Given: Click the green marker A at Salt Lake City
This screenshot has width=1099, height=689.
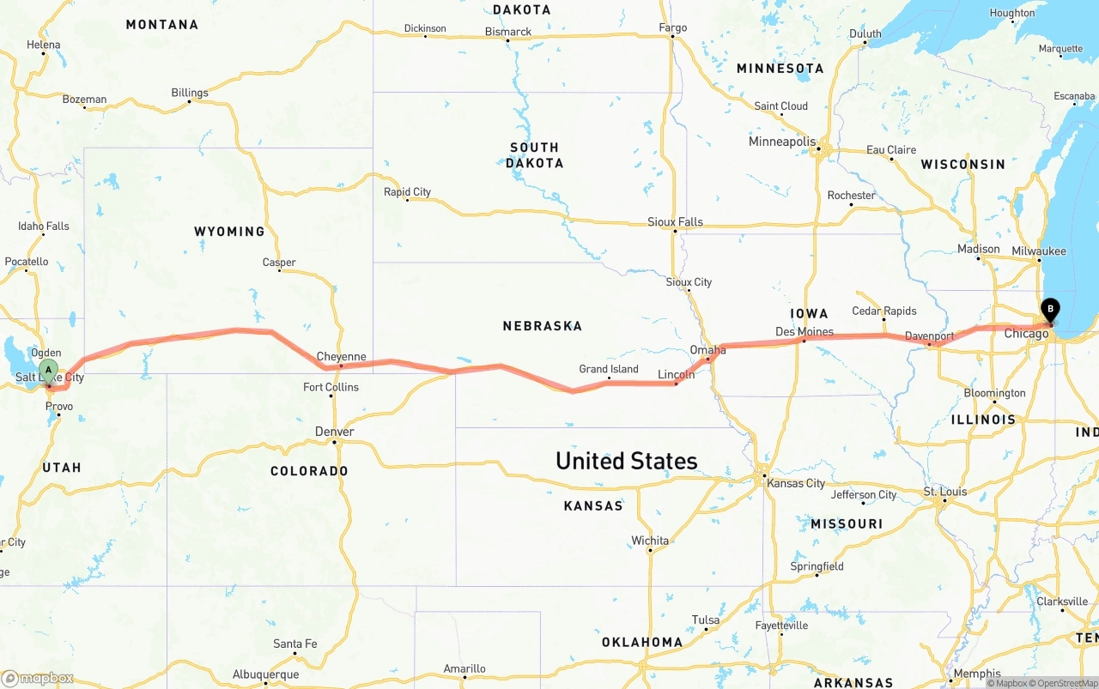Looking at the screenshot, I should [x=49, y=372].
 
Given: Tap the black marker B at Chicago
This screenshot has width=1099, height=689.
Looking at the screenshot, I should [x=1050, y=310].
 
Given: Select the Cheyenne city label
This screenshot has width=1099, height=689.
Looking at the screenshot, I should [x=341, y=357].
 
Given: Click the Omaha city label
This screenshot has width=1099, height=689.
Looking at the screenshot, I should [x=707, y=350].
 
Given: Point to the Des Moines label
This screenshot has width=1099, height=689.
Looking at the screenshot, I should [x=804, y=332].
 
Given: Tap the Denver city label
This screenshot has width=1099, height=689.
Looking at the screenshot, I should [x=334, y=432].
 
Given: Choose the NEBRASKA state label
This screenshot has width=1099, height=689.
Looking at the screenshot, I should [x=542, y=326].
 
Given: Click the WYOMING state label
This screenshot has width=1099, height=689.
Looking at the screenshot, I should [x=229, y=232].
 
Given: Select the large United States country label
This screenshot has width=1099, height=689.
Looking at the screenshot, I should [x=626, y=461].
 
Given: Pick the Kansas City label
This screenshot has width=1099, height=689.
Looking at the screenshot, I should [x=795, y=483].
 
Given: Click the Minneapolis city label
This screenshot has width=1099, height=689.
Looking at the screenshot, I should [x=781, y=142].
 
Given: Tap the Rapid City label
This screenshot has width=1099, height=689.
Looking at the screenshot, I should [x=407, y=192].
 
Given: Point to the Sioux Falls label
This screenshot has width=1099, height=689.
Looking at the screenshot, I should [x=675, y=222].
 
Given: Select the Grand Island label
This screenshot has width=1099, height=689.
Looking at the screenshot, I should [x=608, y=370].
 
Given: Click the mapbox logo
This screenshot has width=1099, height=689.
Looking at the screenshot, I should [x=38, y=678].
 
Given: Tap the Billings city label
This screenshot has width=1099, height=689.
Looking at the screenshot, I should [x=189, y=93].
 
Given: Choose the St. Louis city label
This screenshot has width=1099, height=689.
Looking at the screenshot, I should [x=944, y=492].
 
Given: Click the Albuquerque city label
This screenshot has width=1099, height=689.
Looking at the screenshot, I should [x=265, y=674].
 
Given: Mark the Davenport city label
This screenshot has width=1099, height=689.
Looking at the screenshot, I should [x=929, y=336].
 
